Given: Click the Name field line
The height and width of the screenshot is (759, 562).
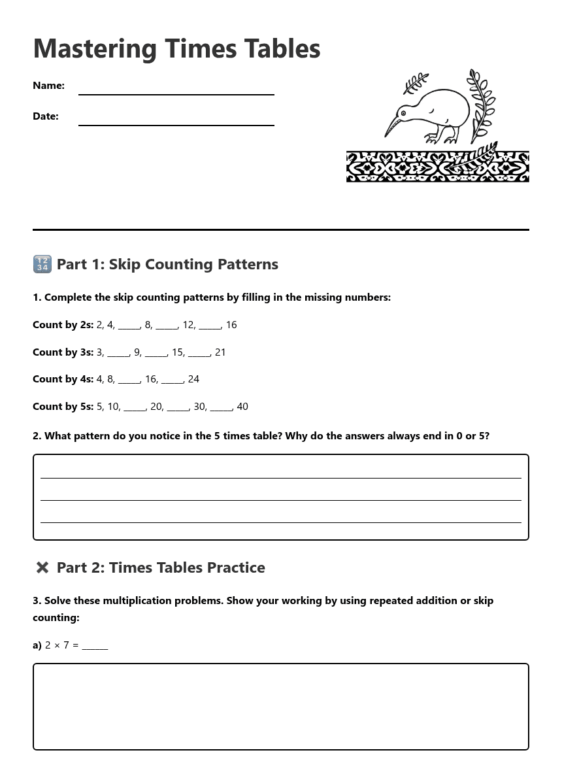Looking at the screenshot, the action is click(176, 93).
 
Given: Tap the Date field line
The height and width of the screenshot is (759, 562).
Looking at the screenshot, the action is click(176, 124).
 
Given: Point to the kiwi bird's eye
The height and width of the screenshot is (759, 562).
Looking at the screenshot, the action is click(403, 114).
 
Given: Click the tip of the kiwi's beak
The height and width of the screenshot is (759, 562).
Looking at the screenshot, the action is click(386, 137).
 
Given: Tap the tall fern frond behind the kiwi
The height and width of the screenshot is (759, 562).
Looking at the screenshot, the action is click(482, 105).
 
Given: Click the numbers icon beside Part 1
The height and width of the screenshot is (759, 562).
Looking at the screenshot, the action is click(42, 264).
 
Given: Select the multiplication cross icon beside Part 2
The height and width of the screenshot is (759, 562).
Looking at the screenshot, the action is click(42, 567).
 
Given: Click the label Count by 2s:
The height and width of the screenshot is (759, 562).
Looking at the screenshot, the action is click(63, 325).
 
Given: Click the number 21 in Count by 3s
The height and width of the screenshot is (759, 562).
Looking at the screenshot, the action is click(220, 352).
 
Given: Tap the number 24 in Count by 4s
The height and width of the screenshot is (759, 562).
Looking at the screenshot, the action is click(193, 379).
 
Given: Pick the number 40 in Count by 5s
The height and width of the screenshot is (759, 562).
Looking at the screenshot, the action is click(242, 407).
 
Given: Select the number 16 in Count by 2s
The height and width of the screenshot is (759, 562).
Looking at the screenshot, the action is click(231, 325).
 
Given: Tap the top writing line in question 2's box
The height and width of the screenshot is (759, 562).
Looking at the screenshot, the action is click(280, 477).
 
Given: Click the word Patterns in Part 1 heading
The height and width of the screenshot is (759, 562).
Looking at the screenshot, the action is click(248, 264).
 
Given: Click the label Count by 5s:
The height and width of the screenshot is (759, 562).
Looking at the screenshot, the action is click(63, 407).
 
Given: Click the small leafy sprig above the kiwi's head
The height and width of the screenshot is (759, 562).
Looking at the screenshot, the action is click(415, 83).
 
